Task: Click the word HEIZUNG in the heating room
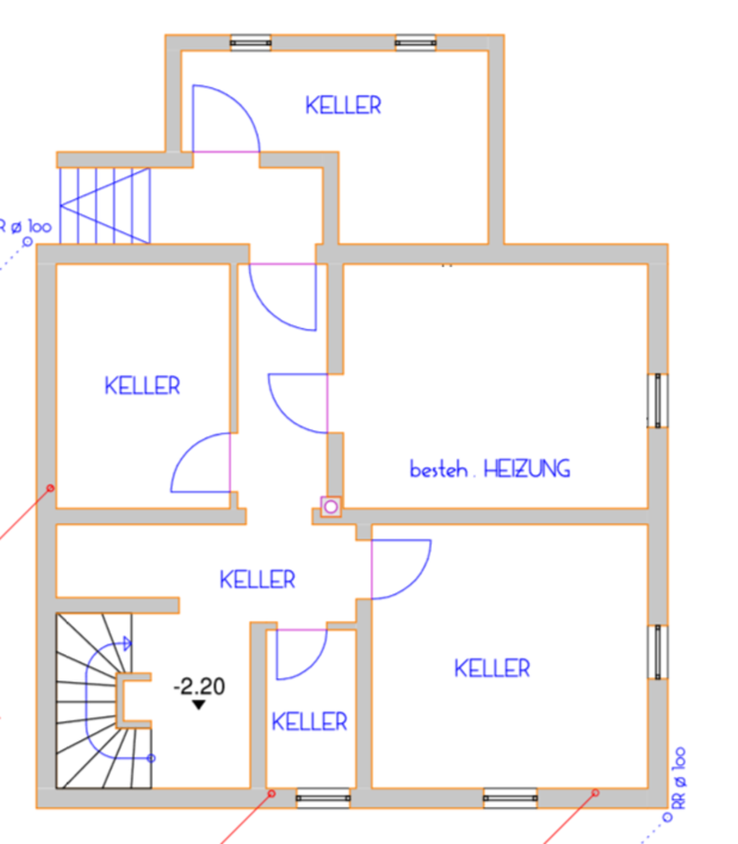pos(527,469)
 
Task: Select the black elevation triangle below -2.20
pos(199,704)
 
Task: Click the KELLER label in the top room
pos(343,105)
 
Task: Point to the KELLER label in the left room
pos(142,385)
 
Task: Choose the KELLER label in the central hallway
pos(257,579)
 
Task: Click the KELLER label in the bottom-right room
pos(492,668)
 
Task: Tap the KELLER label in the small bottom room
pos(309,723)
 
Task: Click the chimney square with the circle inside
pos(330,507)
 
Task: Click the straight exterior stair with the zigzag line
pos(105,205)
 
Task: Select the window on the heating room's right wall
pos(657,401)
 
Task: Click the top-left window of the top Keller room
pos(251,42)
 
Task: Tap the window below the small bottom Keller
pos(323,798)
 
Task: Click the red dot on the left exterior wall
pos(51,487)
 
